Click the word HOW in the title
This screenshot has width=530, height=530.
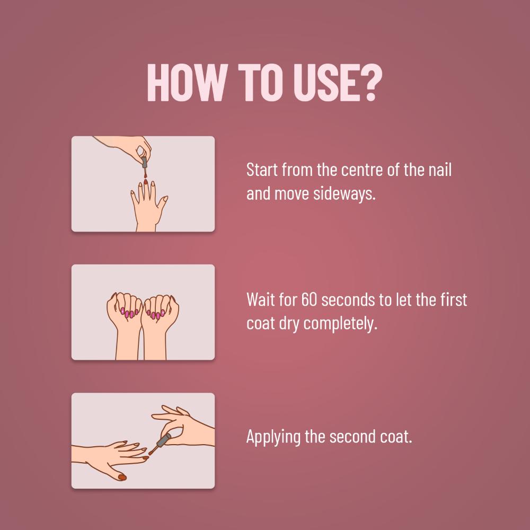click(181, 83)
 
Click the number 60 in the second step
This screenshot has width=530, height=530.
click(310, 299)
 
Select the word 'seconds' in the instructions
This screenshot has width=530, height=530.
click(348, 299)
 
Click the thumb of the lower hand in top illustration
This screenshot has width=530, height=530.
click(163, 200)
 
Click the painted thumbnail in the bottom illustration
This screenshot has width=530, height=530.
click(121, 478)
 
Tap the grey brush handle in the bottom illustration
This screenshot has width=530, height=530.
click(163, 439)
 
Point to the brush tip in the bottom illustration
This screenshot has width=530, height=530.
click(151, 453)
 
